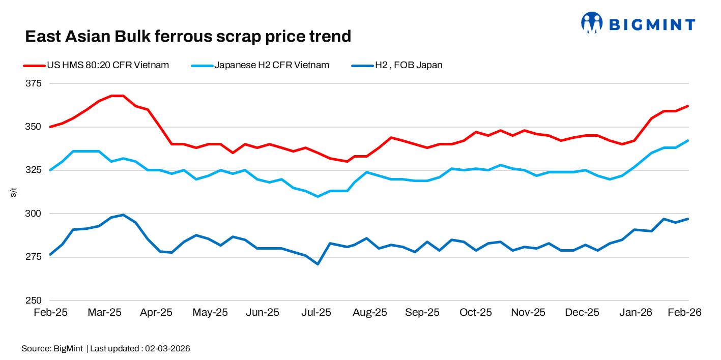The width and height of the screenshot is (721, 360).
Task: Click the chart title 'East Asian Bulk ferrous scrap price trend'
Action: (x=188, y=37)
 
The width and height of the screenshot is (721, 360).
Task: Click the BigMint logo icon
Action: (x=592, y=23)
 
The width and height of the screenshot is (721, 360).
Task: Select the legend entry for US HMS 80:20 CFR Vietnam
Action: (x=96, y=65)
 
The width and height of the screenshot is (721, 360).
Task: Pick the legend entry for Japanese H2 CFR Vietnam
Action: (x=260, y=65)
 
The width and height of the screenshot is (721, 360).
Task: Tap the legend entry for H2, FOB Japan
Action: (x=397, y=65)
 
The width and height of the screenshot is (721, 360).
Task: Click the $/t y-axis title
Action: (x=13, y=192)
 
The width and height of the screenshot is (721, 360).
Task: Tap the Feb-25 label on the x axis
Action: (x=50, y=313)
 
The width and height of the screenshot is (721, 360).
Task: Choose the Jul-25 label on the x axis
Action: (x=316, y=313)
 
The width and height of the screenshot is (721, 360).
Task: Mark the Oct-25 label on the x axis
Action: (x=476, y=313)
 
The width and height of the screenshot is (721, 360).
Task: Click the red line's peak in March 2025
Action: (x=117, y=96)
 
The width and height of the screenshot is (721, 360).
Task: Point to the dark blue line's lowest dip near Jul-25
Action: (x=318, y=264)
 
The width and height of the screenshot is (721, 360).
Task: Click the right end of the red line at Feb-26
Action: (x=688, y=106)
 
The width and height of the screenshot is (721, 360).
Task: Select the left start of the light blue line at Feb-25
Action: (x=50, y=170)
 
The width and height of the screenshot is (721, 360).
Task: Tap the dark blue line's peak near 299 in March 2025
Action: (x=123, y=215)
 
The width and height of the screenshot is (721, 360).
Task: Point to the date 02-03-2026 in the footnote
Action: (x=168, y=349)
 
